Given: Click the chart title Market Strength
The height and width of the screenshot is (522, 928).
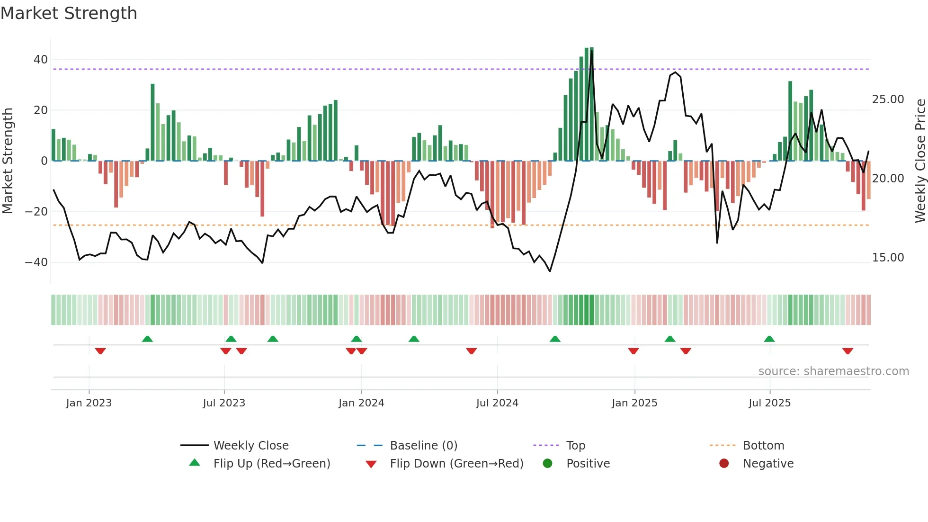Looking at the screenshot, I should [69, 13].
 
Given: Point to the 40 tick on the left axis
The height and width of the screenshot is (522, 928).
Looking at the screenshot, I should [40, 60].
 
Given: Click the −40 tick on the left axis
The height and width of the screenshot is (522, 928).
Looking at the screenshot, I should [36, 262].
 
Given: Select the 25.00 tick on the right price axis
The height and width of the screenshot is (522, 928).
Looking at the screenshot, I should [888, 99].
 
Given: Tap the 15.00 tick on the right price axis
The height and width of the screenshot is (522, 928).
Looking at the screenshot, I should [888, 258].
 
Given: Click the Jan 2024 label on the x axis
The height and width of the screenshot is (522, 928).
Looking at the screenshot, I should [361, 403].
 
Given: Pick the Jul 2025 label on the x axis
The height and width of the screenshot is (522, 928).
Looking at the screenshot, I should [769, 403].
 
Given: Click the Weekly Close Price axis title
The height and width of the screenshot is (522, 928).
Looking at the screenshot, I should [920, 161].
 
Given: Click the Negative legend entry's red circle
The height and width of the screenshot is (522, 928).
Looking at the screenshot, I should [724, 463].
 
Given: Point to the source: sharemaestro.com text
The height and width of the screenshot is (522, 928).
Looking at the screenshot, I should [833, 371].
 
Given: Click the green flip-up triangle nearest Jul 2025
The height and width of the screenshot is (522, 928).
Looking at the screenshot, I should [769, 339].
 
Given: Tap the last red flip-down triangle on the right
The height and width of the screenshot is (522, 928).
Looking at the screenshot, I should [848, 351].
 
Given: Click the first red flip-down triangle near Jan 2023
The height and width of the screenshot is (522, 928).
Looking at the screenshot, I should [100, 351].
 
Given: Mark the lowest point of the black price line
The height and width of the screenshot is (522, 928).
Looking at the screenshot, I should [550, 271].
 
